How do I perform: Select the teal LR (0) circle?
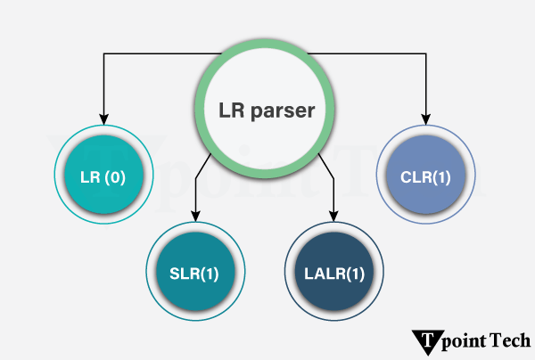(x=103, y=177)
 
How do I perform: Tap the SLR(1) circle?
(x=195, y=273)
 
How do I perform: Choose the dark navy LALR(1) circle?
(x=335, y=273)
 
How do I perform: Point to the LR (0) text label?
(x=103, y=177)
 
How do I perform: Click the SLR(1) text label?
(x=195, y=273)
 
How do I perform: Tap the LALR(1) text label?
(x=335, y=273)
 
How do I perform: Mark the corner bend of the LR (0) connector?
(x=103, y=54)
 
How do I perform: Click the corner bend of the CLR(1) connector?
(x=426, y=54)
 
